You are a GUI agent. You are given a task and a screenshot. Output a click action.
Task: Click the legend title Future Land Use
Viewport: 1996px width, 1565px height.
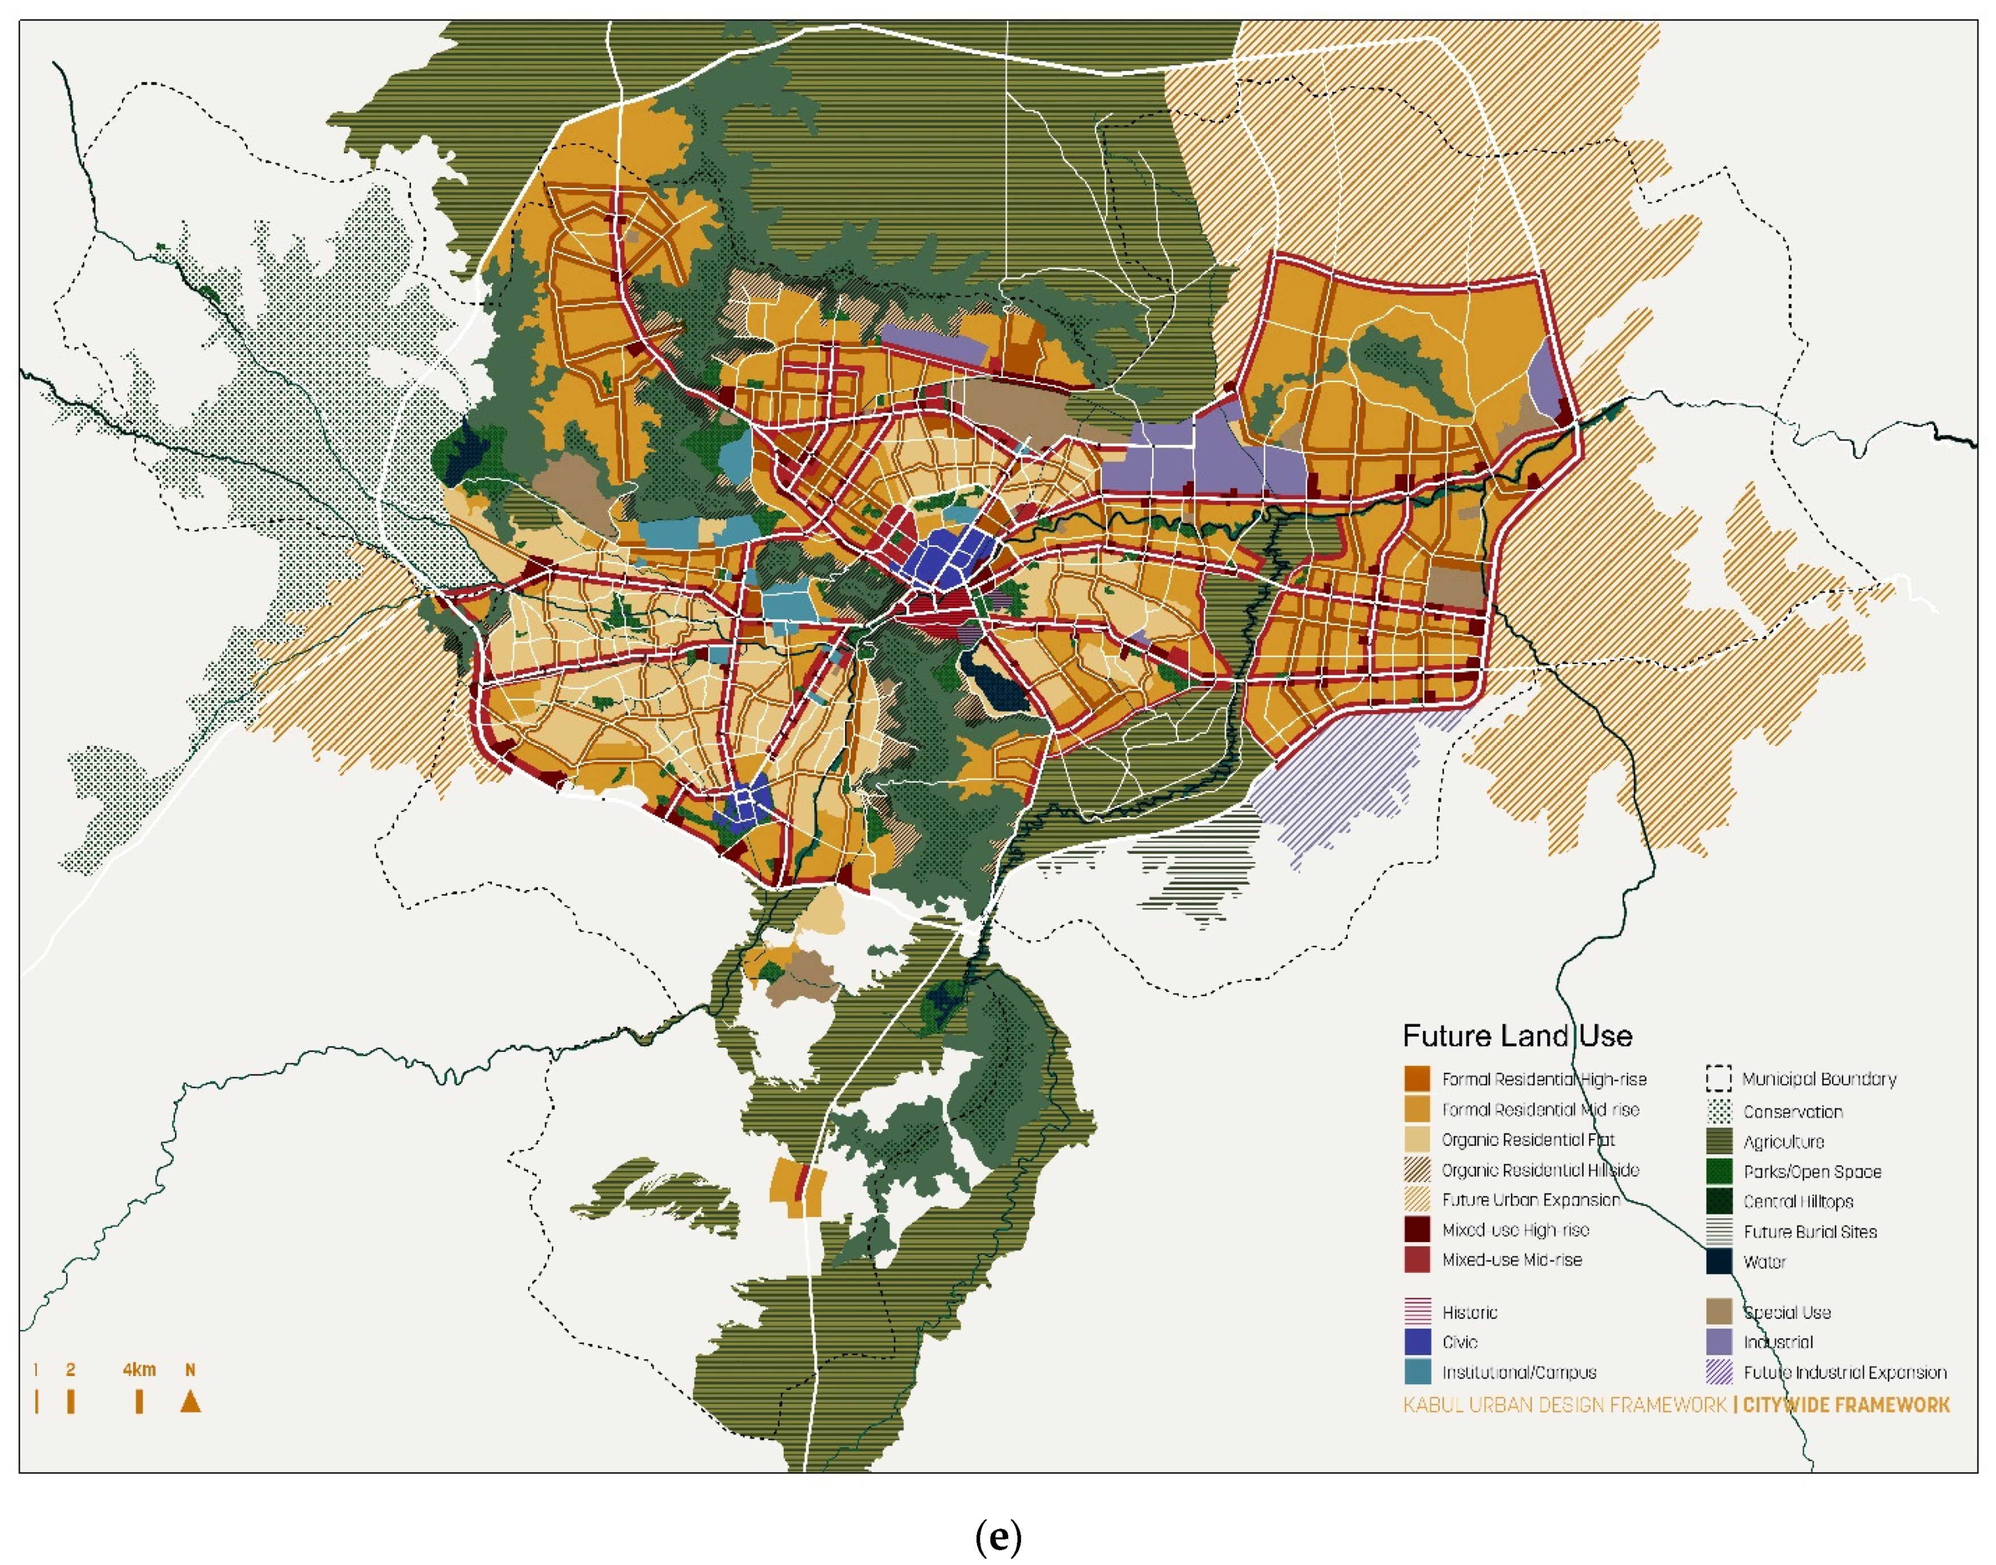click(x=1517, y=1036)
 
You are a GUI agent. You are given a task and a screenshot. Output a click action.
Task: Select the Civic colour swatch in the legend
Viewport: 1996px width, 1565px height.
click(x=1417, y=1342)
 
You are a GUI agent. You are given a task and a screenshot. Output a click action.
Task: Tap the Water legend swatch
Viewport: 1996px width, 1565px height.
click(x=1718, y=1261)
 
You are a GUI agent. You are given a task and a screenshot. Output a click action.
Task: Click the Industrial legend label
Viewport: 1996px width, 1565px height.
click(x=1777, y=1342)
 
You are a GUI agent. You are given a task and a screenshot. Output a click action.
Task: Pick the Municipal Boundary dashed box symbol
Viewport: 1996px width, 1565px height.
click(x=1718, y=1078)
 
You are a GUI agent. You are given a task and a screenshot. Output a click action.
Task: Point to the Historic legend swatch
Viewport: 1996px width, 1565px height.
click(x=1417, y=1311)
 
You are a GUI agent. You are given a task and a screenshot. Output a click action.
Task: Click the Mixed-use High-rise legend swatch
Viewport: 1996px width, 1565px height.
click(x=1417, y=1230)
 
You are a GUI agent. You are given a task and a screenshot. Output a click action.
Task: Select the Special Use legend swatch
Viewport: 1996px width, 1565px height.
click(x=1718, y=1311)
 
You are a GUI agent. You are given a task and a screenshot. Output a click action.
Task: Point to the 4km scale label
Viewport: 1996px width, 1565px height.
click(x=139, y=1370)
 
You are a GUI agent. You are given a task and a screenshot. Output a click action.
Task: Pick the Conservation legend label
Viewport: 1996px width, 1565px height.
click(x=1792, y=1111)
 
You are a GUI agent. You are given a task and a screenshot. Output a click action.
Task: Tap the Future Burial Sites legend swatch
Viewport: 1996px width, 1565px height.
click(x=1718, y=1231)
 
